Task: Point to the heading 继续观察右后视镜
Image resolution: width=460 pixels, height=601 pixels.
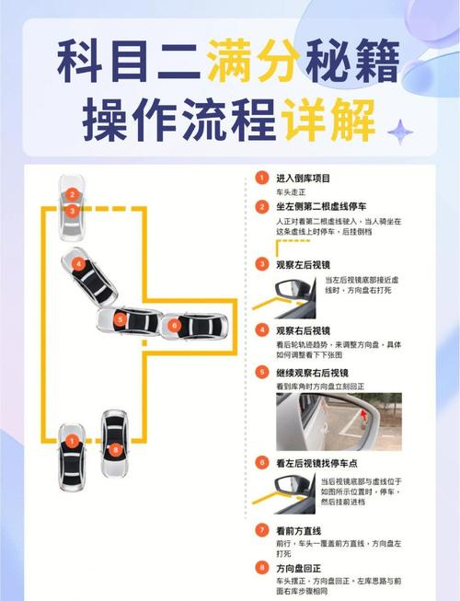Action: pos(308,373)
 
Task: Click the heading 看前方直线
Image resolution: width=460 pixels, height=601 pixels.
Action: pos(296,531)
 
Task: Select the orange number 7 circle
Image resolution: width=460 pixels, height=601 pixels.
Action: pos(261,531)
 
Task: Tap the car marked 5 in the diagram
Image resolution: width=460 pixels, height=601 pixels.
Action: pos(128,321)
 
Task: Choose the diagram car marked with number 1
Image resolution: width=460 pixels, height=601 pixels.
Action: pos(72,448)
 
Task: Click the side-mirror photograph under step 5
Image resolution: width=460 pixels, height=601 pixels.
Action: pos(339,422)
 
